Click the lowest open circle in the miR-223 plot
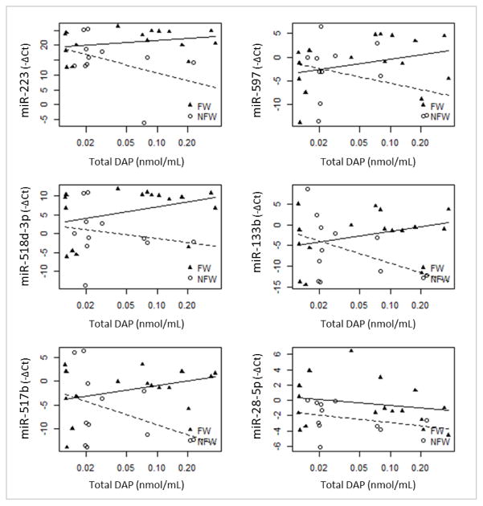pyautogui.click(x=144, y=123)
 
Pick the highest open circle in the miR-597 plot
pyautogui.click(x=321, y=27)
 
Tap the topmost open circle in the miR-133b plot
pyautogui.click(x=307, y=190)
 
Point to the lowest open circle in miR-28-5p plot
pyautogui.click(x=320, y=447)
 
